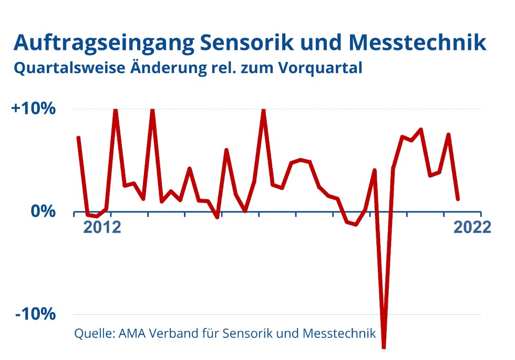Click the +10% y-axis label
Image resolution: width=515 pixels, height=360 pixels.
(x=33, y=109)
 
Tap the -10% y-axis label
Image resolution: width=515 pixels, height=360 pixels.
(x=35, y=314)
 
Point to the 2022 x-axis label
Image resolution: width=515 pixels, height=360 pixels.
(x=472, y=228)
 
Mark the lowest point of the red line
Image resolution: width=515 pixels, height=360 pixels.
(x=384, y=346)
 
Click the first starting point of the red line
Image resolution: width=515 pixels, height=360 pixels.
(x=78, y=138)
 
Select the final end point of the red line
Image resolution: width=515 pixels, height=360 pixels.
(x=458, y=199)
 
